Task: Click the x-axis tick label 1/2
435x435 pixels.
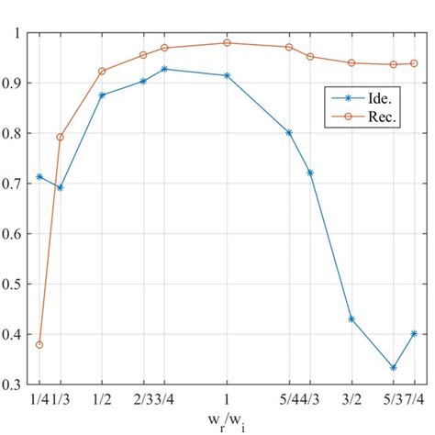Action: [102, 402]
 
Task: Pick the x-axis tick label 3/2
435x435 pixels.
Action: [351, 402]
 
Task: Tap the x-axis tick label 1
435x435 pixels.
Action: [227, 402]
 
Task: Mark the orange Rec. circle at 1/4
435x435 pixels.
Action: [39, 345]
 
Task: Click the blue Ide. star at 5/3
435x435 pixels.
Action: [393, 368]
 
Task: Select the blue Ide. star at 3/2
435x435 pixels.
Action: [351, 319]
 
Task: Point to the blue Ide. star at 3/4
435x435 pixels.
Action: [164, 69]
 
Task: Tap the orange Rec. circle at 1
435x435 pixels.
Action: [227, 42]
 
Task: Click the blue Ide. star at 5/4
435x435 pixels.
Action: [289, 132]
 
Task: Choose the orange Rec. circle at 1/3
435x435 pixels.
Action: [61, 137]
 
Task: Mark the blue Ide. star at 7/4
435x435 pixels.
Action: [414, 334]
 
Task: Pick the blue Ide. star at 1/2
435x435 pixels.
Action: [102, 95]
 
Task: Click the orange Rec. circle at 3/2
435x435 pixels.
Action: [351, 62]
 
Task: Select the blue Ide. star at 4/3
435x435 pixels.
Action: [310, 173]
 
